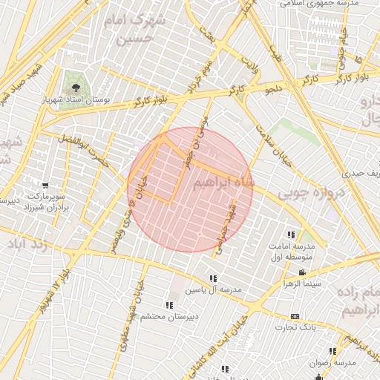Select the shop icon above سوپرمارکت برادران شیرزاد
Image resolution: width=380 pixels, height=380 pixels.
pyautogui.click(x=46, y=186)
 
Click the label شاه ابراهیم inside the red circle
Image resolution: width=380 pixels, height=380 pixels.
pyautogui.click(x=223, y=183)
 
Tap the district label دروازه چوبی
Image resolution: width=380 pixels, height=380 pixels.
pyautogui.click(x=309, y=193)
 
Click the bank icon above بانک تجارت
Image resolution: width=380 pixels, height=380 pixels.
pyautogui.click(x=295, y=315)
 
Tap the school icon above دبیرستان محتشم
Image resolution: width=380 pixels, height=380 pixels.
pyautogui.click(x=169, y=305)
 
